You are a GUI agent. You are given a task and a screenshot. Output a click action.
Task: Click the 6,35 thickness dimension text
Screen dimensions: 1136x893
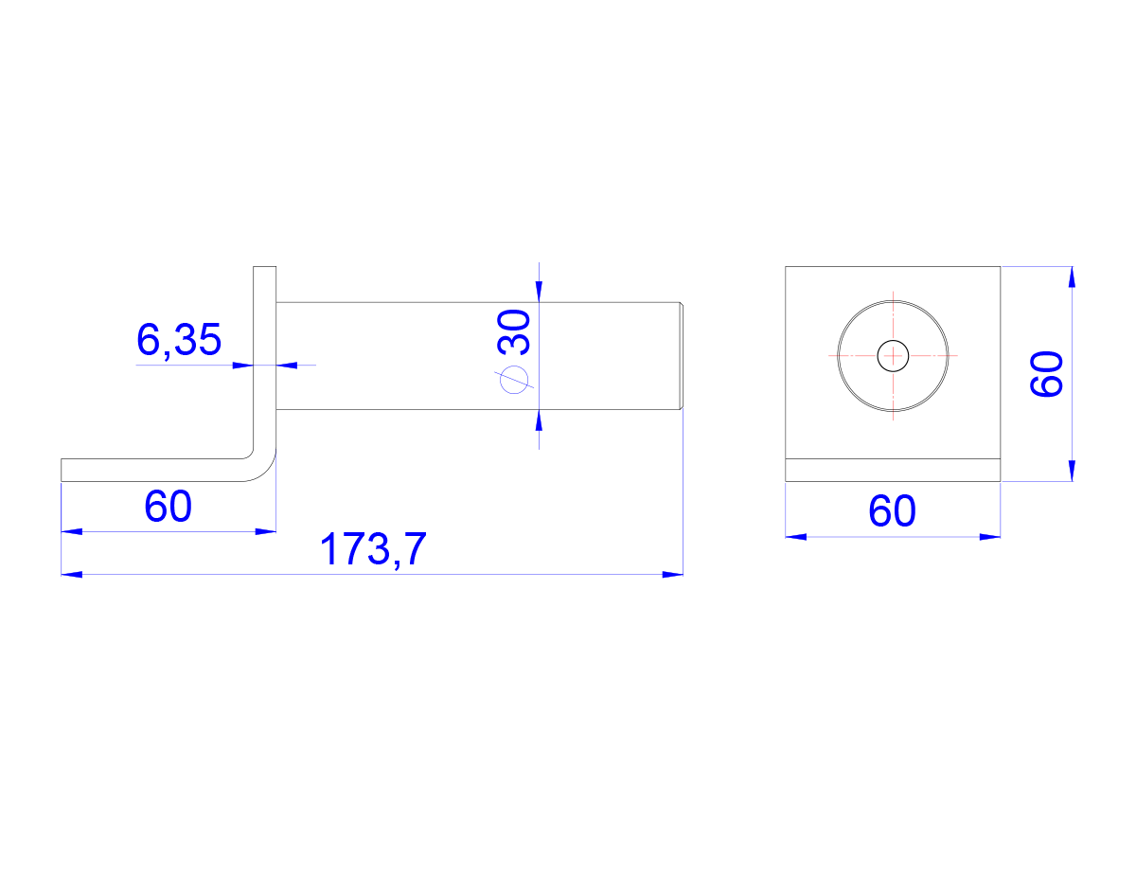(179, 340)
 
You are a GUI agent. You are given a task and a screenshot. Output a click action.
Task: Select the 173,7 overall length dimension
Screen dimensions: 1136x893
(373, 549)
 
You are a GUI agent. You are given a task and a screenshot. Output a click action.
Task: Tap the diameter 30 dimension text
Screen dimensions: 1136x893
(514, 332)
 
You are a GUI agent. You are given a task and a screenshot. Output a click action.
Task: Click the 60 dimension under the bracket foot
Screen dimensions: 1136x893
(168, 506)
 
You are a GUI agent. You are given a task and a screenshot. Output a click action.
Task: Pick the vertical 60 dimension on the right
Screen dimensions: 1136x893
(1046, 374)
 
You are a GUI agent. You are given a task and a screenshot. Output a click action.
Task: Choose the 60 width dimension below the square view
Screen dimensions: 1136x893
(892, 510)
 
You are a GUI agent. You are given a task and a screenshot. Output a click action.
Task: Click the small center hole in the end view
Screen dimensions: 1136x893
(893, 356)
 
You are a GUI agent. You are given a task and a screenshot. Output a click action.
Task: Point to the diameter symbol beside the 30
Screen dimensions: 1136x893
(514, 380)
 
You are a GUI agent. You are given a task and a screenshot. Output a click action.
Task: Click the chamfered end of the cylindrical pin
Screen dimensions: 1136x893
(682, 355)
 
